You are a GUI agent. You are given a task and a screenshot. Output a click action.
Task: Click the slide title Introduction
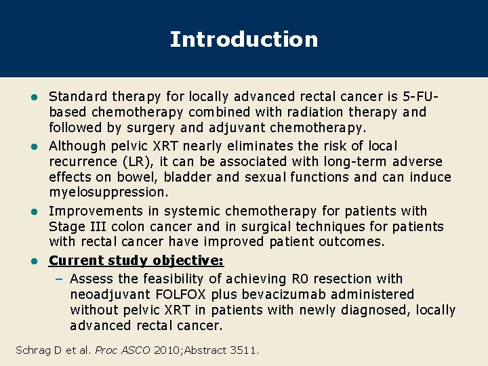pyautogui.click(x=243, y=39)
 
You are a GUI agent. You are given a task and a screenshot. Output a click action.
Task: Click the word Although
pyautogui.click(x=77, y=146)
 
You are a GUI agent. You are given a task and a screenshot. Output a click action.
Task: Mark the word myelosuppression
pyautogui.click(x=108, y=192)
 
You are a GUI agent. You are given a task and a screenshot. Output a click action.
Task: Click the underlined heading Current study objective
pyautogui.click(x=136, y=260)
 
